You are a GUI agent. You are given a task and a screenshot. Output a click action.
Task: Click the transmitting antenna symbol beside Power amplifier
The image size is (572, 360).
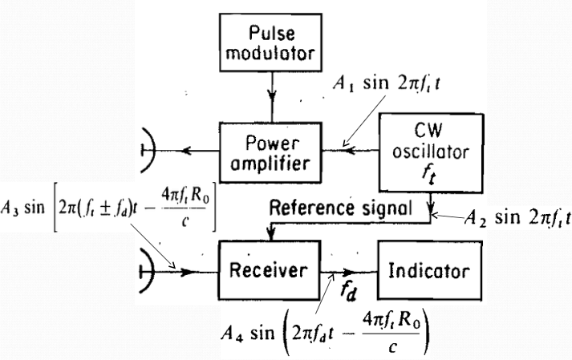[x=149, y=150]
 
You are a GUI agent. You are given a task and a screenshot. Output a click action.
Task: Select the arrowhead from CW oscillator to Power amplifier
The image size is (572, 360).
[x=350, y=150]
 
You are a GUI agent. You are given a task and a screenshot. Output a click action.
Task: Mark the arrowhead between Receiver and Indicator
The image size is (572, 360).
[x=348, y=272]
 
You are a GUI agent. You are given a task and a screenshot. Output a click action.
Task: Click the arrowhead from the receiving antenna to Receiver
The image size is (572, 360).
[x=186, y=271]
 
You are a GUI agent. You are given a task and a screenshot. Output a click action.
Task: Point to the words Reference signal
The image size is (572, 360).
[x=340, y=208]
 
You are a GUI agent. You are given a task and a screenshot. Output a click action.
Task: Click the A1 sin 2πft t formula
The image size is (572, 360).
[x=387, y=83]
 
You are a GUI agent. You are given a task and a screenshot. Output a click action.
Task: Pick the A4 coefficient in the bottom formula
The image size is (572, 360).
[x=232, y=334]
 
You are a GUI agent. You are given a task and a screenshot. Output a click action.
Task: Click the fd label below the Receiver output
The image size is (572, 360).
[x=348, y=291]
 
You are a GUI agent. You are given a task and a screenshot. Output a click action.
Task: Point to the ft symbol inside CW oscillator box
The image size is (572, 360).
[x=429, y=174]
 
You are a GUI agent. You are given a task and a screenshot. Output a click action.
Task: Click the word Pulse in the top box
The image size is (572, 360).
[x=272, y=33]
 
